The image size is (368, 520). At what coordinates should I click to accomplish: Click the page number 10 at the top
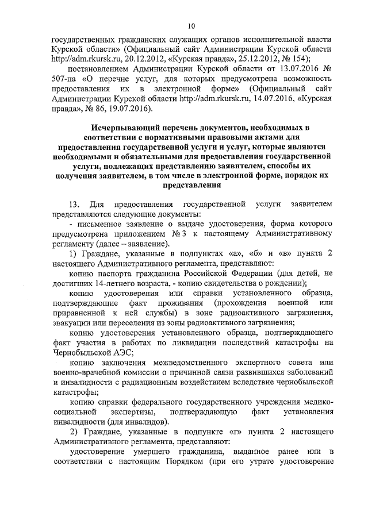192,26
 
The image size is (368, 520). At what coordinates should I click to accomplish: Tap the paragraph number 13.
73,205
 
